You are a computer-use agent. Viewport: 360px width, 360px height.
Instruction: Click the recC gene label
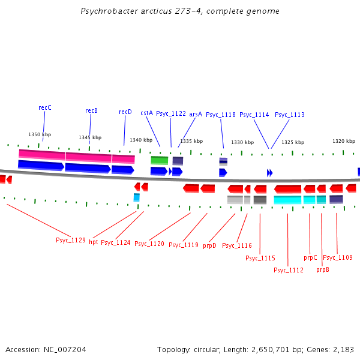click(x=45, y=107)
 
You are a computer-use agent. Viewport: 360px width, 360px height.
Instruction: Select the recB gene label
click(x=91, y=110)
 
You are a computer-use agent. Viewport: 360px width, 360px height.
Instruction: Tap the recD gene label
click(x=125, y=112)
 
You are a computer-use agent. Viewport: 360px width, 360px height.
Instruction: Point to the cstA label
click(x=146, y=113)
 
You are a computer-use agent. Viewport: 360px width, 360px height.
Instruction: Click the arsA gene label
click(x=196, y=113)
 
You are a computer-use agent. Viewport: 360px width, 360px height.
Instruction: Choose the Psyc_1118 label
click(x=221, y=115)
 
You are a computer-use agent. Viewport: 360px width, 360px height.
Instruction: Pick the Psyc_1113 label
click(x=290, y=115)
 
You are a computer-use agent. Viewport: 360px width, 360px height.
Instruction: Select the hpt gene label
click(x=94, y=242)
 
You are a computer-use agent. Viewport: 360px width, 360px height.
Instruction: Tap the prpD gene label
click(x=209, y=245)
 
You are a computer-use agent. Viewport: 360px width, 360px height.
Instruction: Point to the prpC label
click(x=310, y=257)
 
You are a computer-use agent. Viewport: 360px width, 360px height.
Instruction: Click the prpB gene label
click(x=323, y=269)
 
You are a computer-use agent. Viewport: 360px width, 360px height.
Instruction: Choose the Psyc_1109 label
click(x=338, y=257)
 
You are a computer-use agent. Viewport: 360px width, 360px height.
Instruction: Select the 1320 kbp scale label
click(x=344, y=141)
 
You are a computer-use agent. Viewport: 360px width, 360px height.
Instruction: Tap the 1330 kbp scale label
click(x=242, y=142)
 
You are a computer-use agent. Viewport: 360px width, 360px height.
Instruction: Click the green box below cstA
click(x=159, y=160)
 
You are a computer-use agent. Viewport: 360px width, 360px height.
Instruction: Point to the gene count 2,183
click(x=344, y=349)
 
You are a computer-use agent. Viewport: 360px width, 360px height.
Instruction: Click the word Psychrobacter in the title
click(x=106, y=11)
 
